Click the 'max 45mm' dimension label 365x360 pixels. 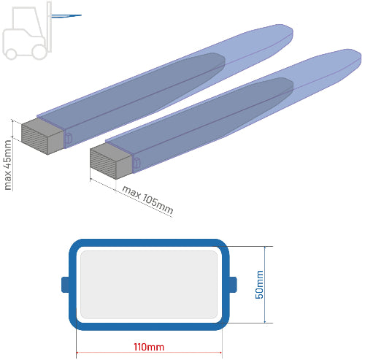[8, 165]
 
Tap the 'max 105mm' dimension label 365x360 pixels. [147, 199]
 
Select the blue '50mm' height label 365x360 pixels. [259, 285]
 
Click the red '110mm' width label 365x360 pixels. [149, 347]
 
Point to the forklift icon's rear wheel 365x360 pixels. [11, 54]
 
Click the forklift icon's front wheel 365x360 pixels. [39, 52]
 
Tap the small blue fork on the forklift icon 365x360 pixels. [66, 16]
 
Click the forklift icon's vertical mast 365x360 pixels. [49, 27]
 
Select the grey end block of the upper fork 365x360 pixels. [42, 137]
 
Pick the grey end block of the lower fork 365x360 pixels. [111, 161]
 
